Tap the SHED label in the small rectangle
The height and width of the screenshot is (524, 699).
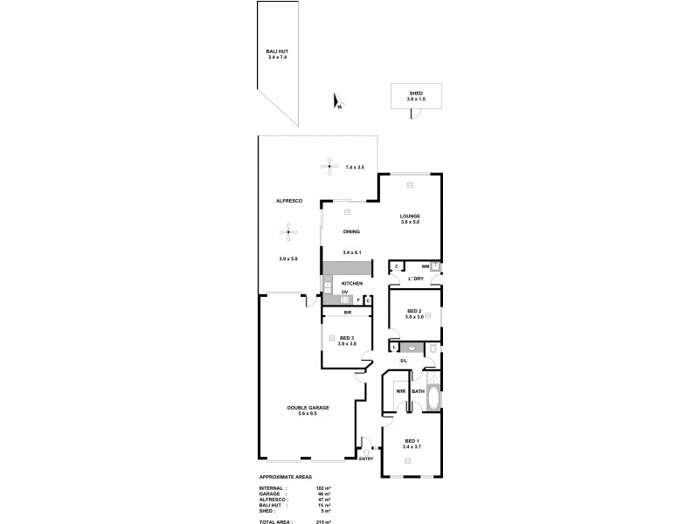(416, 93)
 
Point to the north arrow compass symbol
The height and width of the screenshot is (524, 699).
(337, 103)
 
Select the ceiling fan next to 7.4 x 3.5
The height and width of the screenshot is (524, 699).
(329, 166)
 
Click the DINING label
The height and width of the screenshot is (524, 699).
(351, 231)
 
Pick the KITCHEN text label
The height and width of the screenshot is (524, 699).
(351, 285)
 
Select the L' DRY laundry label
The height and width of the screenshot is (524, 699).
(416, 279)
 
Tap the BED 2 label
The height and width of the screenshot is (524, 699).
(415, 312)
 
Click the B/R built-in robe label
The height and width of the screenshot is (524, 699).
(347, 312)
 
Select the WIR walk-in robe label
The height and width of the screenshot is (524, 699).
(401, 391)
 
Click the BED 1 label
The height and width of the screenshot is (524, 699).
(412, 440)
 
